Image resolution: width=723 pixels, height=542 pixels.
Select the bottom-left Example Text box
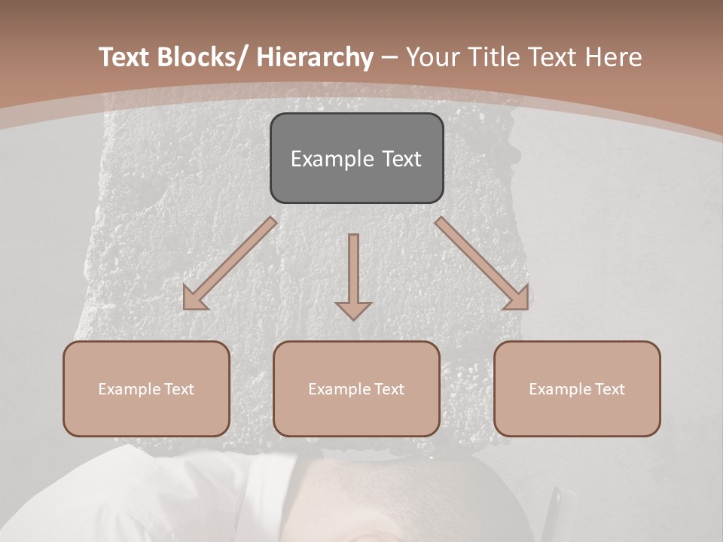[x=146, y=388]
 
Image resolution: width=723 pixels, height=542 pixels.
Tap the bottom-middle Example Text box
[x=356, y=388]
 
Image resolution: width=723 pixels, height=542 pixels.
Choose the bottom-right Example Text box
[x=577, y=388]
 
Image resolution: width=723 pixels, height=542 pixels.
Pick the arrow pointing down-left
[x=229, y=264]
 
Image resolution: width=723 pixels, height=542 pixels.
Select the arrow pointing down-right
[x=482, y=264]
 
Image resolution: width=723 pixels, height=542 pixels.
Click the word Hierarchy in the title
[x=315, y=58]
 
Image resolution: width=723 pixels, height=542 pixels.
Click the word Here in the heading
[x=614, y=58]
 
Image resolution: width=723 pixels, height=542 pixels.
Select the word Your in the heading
[x=432, y=58]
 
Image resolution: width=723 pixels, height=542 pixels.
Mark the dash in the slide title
[x=389, y=58]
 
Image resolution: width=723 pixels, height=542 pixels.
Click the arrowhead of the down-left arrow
[x=194, y=299]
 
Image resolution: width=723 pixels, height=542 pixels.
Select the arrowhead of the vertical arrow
[x=353, y=309]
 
